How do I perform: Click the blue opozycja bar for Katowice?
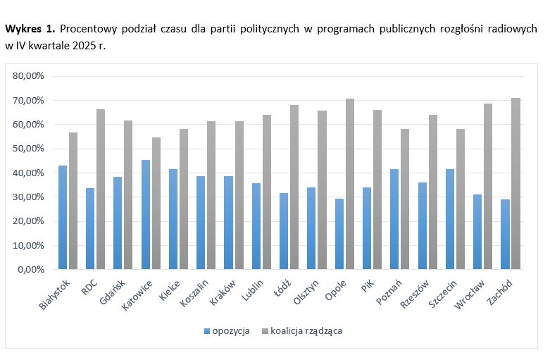pyautogui.click(x=145, y=214)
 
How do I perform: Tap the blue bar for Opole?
pyautogui.click(x=339, y=234)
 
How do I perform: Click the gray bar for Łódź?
pyautogui.click(x=294, y=187)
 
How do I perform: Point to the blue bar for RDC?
pyautogui.click(x=90, y=228)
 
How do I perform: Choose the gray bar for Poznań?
pyautogui.click(x=406, y=199)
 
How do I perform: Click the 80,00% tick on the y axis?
pyautogui.click(x=30, y=75)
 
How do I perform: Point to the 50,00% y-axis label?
pyautogui.click(x=30, y=149)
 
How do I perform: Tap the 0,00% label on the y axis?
pyautogui.click(x=32, y=269)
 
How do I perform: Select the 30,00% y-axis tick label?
pyautogui.click(x=30, y=197)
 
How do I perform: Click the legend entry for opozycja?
pyautogui.click(x=226, y=330)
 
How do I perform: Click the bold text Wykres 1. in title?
pyautogui.click(x=30, y=30)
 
